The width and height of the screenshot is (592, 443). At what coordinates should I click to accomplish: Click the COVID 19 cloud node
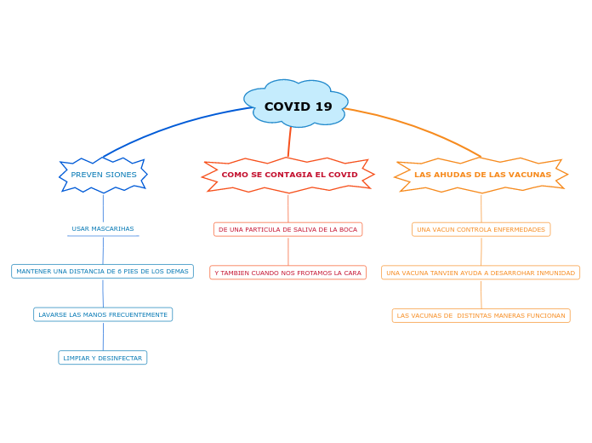tap(298, 106)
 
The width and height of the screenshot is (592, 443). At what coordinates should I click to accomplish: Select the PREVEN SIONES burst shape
tap(103, 175)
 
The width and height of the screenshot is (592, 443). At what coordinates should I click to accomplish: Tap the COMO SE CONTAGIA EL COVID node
tap(289, 175)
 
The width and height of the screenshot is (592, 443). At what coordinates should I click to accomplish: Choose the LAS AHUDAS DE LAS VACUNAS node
tap(482, 175)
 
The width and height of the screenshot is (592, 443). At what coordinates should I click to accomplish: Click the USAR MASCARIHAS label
tap(103, 229)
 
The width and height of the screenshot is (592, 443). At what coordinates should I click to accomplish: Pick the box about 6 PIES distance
tap(102, 272)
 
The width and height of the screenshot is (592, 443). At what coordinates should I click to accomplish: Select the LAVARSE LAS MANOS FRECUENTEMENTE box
tap(103, 314)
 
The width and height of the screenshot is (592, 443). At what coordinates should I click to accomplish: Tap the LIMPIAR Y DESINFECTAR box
tap(103, 358)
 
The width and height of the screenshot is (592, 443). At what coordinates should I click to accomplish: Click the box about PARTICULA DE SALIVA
tap(287, 229)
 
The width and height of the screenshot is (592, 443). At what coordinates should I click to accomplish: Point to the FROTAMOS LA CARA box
tap(287, 273)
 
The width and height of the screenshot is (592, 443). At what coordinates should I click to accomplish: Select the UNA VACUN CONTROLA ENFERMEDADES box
tap(481, 229)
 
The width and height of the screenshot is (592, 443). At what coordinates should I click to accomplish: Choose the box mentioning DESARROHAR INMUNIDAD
tap(481, 273)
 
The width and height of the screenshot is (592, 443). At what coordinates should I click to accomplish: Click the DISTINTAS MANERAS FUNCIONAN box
tap(481, 315)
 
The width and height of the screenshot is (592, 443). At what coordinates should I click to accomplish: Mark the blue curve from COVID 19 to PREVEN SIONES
tap(170, 127)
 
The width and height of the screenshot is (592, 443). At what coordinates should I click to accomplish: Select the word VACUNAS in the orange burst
tap(531, 175)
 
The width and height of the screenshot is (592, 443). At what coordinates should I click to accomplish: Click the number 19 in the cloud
tap(322, 106)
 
